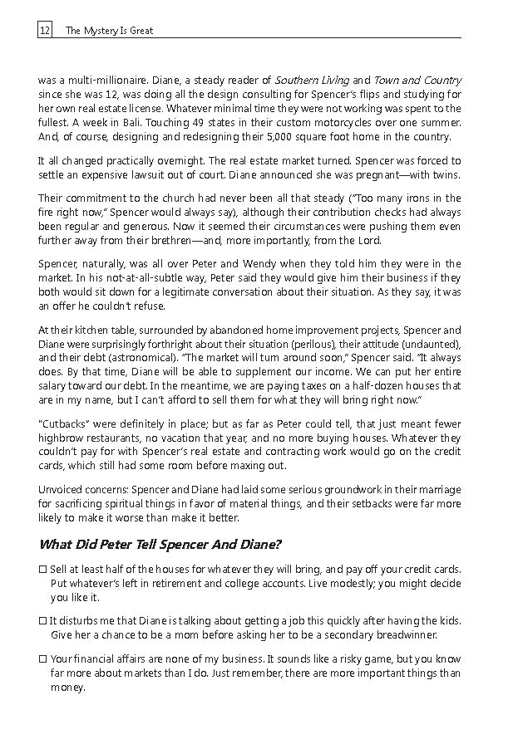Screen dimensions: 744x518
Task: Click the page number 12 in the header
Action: point(44,31)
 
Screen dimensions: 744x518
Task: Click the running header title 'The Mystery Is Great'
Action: point(109,31)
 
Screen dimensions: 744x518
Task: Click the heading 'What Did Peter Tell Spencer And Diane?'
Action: point(160,544)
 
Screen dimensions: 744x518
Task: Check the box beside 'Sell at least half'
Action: point(42,570)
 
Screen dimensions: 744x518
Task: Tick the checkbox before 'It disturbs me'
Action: point(42,621)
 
